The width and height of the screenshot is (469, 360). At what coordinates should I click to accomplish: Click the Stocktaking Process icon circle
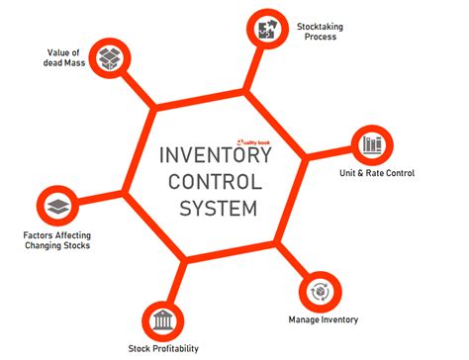(x=265, y=27)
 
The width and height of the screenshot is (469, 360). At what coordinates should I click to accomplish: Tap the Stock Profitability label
(x=163, y=348)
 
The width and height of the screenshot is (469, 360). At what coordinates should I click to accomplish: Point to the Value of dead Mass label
(x=62, y=57)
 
